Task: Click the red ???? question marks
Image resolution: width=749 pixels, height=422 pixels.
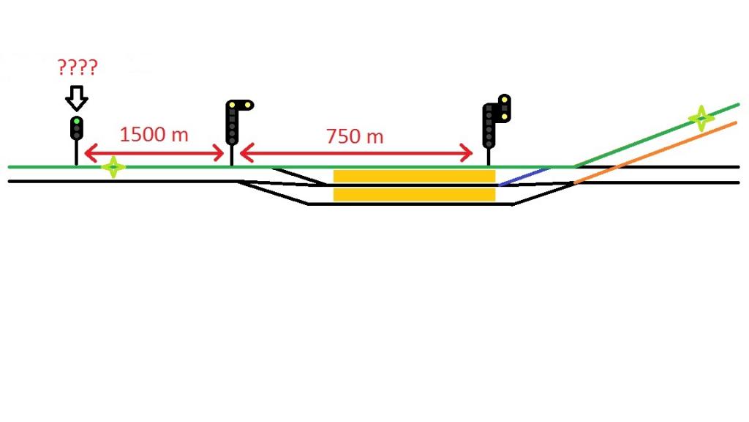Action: coord(78,67)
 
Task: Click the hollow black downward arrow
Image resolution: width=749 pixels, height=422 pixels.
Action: coord(76,98)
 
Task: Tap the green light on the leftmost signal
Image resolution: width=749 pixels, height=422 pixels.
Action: coord(76,122)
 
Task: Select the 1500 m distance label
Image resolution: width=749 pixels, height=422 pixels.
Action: coord(154,135)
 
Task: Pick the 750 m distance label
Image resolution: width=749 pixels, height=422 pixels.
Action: coord(355,136)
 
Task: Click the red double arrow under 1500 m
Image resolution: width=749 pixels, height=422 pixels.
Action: coord(154,154)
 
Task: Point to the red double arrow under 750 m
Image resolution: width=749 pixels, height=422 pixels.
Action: coord(356,153)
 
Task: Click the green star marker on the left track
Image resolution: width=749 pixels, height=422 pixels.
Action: coord(113,167)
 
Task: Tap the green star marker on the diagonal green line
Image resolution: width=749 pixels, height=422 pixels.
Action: coord(701,118)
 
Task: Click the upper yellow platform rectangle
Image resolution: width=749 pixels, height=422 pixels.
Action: coord(414,176)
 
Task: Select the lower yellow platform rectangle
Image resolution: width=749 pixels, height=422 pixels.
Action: coord(414,194)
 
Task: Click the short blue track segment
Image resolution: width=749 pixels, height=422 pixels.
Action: coord(524,177)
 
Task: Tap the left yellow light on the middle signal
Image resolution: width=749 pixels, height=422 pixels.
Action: coord(232,105)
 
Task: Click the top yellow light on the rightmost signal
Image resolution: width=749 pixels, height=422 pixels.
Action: coord(505,100)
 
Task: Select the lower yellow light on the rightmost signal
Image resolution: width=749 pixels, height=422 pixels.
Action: coord(505,116)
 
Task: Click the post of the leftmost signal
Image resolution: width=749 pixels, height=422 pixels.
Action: coord(76,152)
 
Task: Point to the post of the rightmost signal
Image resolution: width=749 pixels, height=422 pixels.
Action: coord(488,157)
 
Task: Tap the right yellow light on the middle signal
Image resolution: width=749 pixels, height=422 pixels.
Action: coord(248,105)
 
